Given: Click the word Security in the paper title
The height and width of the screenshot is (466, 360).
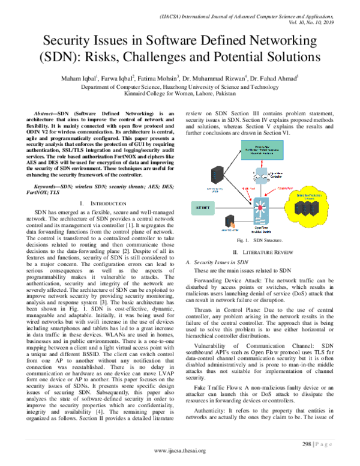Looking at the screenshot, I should tap(82, 41).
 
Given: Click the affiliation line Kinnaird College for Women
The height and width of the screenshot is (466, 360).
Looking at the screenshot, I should tap(180, 93).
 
